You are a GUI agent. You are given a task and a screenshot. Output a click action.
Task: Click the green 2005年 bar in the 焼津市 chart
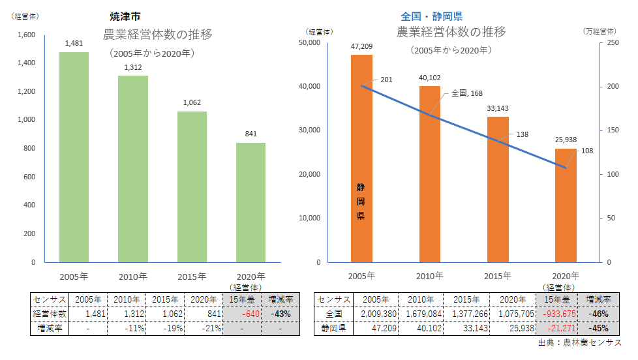point(74,157)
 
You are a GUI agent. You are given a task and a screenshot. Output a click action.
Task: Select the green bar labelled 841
point(250,202)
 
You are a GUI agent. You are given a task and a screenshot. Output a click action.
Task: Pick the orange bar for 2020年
point(566,205)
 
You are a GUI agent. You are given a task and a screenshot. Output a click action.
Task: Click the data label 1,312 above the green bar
point(132,67)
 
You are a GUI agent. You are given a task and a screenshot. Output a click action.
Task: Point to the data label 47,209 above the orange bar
point(361,46)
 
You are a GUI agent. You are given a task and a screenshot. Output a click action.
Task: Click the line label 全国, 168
point(466,93)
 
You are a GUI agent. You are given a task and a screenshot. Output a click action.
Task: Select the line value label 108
point(586,151)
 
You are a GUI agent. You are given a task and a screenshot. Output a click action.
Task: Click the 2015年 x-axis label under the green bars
point(192,276)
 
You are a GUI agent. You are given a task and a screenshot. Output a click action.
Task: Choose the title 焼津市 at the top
point(125,16)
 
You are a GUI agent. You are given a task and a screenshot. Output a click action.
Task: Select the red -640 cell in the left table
point(242,314)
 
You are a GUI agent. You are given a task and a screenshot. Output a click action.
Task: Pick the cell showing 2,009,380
point(375,314)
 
